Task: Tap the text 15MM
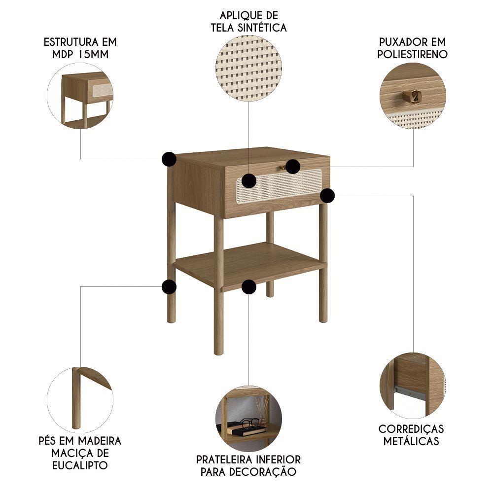point(94,54)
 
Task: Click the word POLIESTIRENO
point(413,54)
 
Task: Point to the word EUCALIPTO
point(80,465)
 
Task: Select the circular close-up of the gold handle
point(413,96)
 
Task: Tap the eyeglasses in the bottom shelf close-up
point(249,423)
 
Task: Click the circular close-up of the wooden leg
point(80,399)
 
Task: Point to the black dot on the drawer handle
point(293,167)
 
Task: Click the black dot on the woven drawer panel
point(249,180)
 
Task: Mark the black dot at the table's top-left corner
point(169,159)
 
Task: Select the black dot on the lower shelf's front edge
point(249,287)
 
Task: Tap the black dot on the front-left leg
point(169,287)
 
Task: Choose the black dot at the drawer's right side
point(327,196)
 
